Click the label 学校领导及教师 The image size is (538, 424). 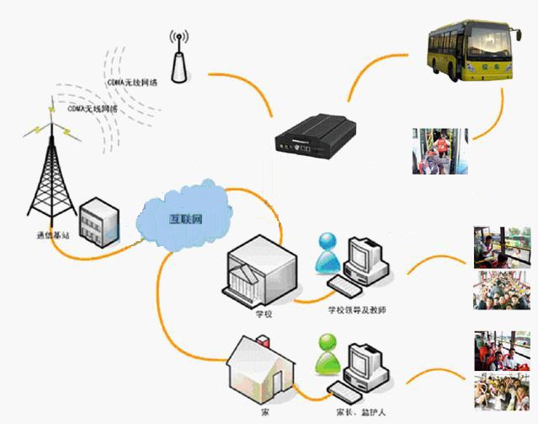tap(360, 310)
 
